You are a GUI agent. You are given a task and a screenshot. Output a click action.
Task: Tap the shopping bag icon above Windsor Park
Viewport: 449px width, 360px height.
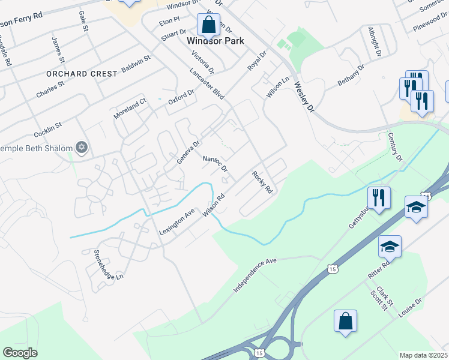(x=208, y=25)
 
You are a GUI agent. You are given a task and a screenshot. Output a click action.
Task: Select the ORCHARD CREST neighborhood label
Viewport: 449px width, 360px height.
(x=82, y=73)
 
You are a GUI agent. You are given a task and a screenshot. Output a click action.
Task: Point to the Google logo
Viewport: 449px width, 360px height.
(x=20, y=353)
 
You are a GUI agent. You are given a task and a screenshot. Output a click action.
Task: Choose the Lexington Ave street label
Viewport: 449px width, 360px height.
(x=177, y=221)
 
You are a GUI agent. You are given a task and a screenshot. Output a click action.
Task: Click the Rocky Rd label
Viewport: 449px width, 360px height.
(x=262, y=182)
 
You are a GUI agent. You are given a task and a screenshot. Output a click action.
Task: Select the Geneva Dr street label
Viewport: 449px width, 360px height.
(x=188, y=152)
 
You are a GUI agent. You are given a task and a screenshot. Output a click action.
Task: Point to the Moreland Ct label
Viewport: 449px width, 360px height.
(x=131, y=109)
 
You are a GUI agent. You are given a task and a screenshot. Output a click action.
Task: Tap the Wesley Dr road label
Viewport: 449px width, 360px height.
(x=304, y=98)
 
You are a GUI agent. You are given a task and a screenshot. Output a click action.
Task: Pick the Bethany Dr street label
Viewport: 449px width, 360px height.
(x=351, y=75)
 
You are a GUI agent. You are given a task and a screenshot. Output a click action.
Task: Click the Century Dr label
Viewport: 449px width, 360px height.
(x=394, y=147)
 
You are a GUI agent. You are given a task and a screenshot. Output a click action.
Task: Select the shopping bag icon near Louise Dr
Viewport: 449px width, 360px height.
(x=346, y=320)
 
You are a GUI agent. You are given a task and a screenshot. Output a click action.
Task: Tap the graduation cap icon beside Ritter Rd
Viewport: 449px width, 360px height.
(x=389, y=246)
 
